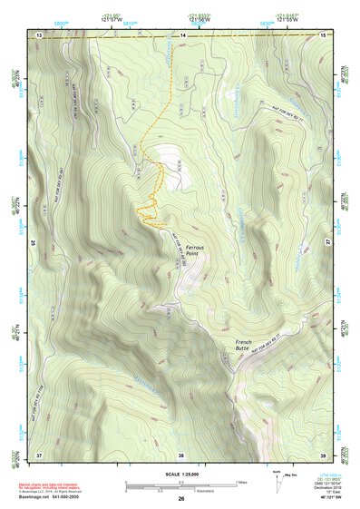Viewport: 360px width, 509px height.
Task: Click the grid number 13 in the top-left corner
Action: pyautogui.click(x=39, y=34)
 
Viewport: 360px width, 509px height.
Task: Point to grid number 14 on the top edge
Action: pyautogui.click(x=181, y=34)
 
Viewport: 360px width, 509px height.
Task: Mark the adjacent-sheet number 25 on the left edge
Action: pyautogui.click(x=32, y=243)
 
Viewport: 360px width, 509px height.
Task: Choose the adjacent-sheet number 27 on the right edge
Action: pyautogui.click(x=328, y=243)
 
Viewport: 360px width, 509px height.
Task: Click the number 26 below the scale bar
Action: pyautogui.click(x=180, y=499)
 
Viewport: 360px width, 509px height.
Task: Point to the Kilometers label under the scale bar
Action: pyautogui.click(x=181, y=492)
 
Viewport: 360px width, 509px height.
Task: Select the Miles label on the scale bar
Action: pyautogui.click(x=242, y=481)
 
